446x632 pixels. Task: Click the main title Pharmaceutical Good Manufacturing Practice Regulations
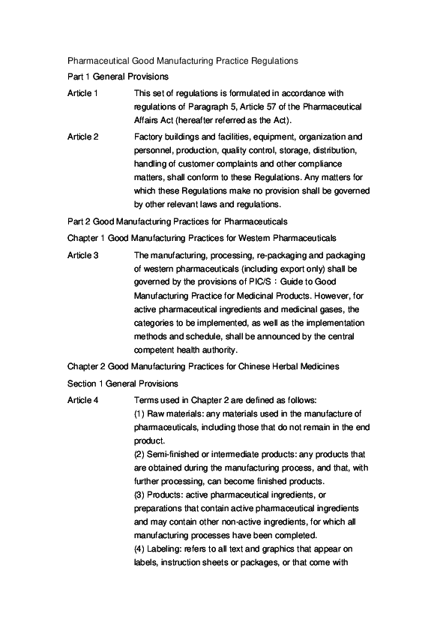click(184, 59)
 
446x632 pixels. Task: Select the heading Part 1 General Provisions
click(118, 77)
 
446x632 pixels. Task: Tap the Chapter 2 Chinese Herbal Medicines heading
click(203, 366)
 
